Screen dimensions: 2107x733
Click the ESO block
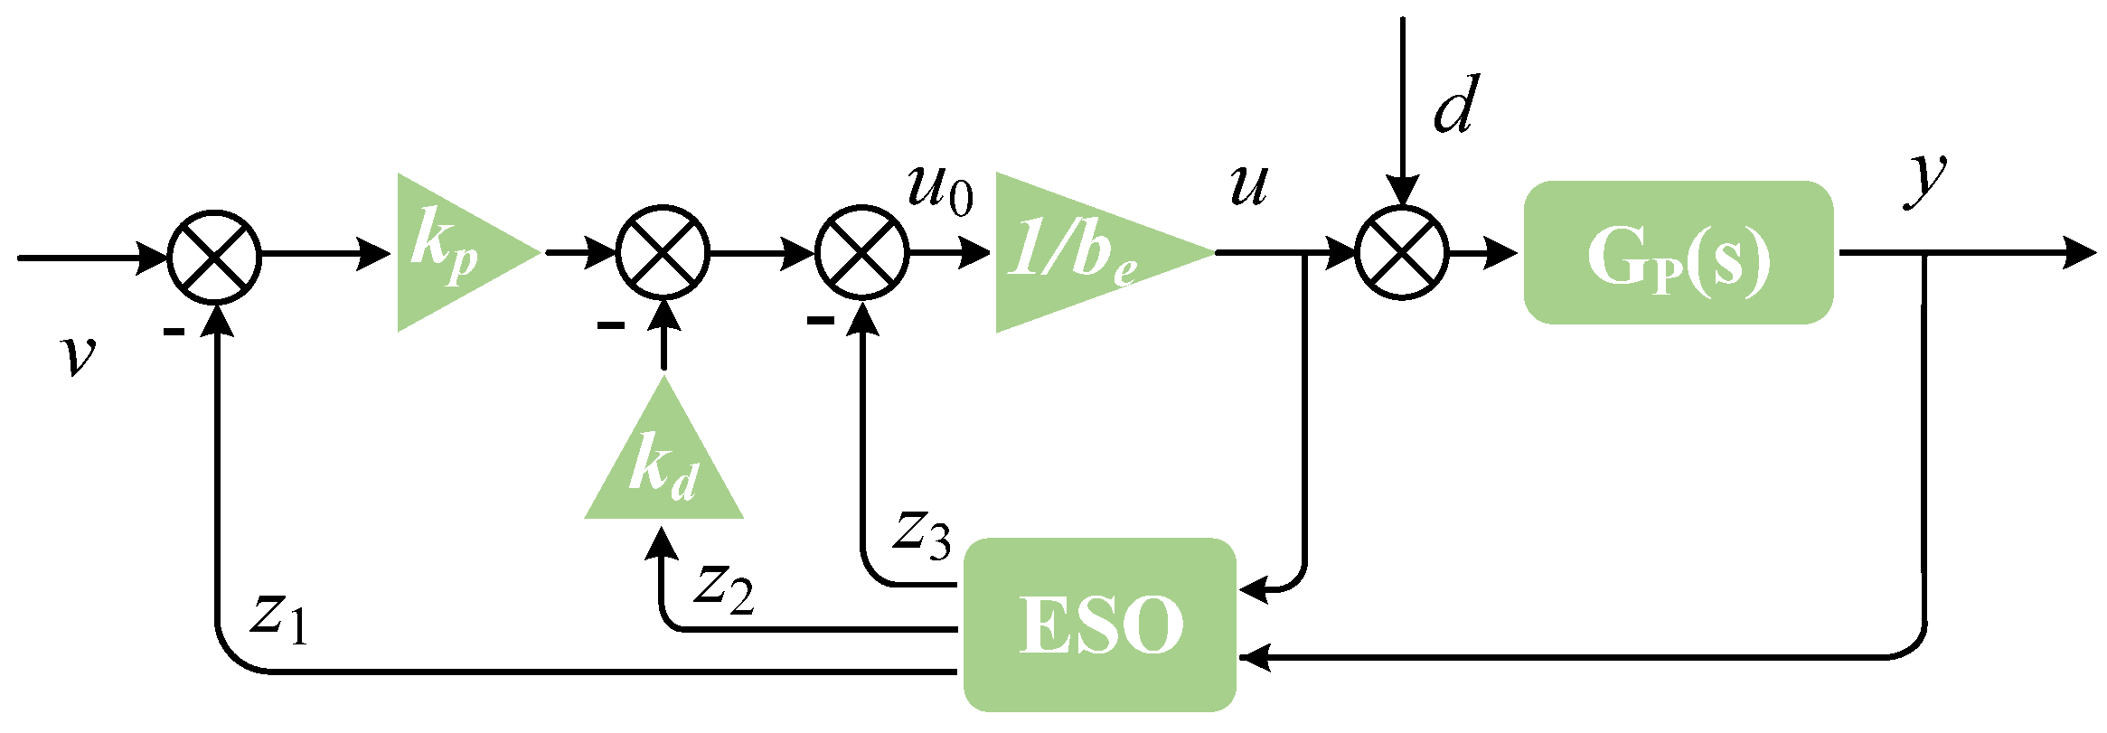(x=1099, y=625)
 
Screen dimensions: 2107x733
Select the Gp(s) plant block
(x=1679, y=252)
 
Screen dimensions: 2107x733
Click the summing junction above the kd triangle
(x=663, y=253)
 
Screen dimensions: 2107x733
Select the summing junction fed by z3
(x=862, y=253)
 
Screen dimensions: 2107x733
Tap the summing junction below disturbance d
(x=1402, y=253)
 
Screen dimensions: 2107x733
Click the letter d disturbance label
(x=1457, y=105)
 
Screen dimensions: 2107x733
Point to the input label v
(x=79, y=354)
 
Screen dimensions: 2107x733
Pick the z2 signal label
(x=724, y=588)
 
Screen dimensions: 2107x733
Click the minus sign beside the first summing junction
(x=174, y=333)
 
